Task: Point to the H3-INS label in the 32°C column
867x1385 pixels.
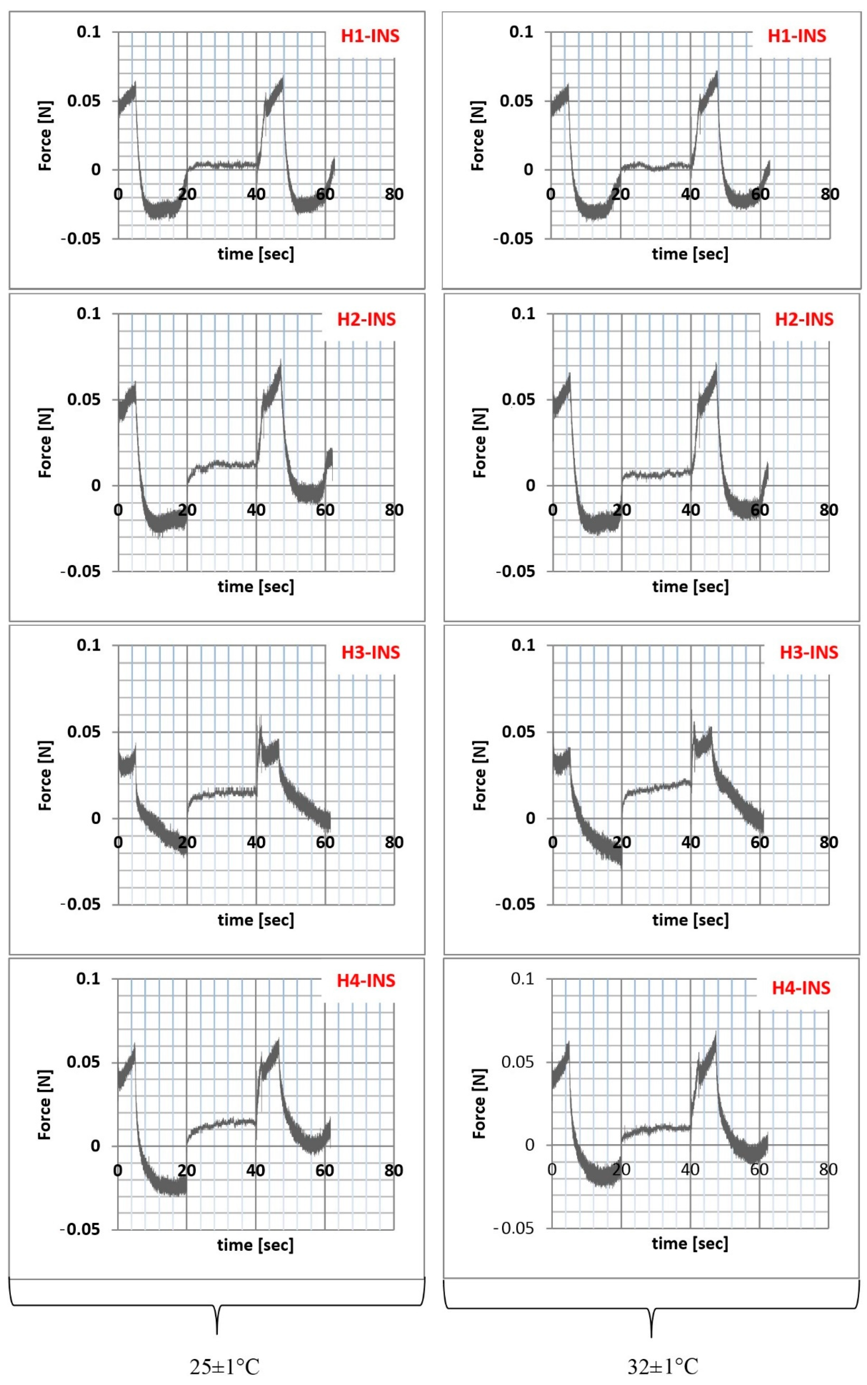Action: (809, 652)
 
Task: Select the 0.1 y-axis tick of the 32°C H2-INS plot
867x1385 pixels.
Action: (523, 313)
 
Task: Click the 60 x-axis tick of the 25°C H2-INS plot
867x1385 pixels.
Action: (325, 510)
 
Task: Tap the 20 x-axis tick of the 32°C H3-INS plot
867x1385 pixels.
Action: (622, 842)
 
